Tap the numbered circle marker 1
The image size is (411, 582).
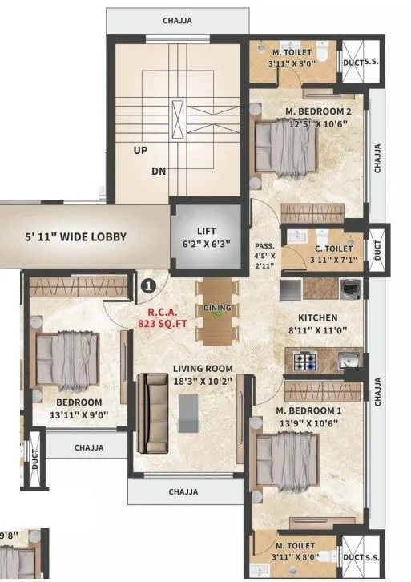(147, 283)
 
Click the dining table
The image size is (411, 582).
(218, 309)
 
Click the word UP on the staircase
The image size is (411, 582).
(141, 150)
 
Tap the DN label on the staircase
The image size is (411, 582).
(159, 171)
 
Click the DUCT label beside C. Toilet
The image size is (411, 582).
(378, 249)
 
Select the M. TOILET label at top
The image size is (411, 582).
(286, 53)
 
